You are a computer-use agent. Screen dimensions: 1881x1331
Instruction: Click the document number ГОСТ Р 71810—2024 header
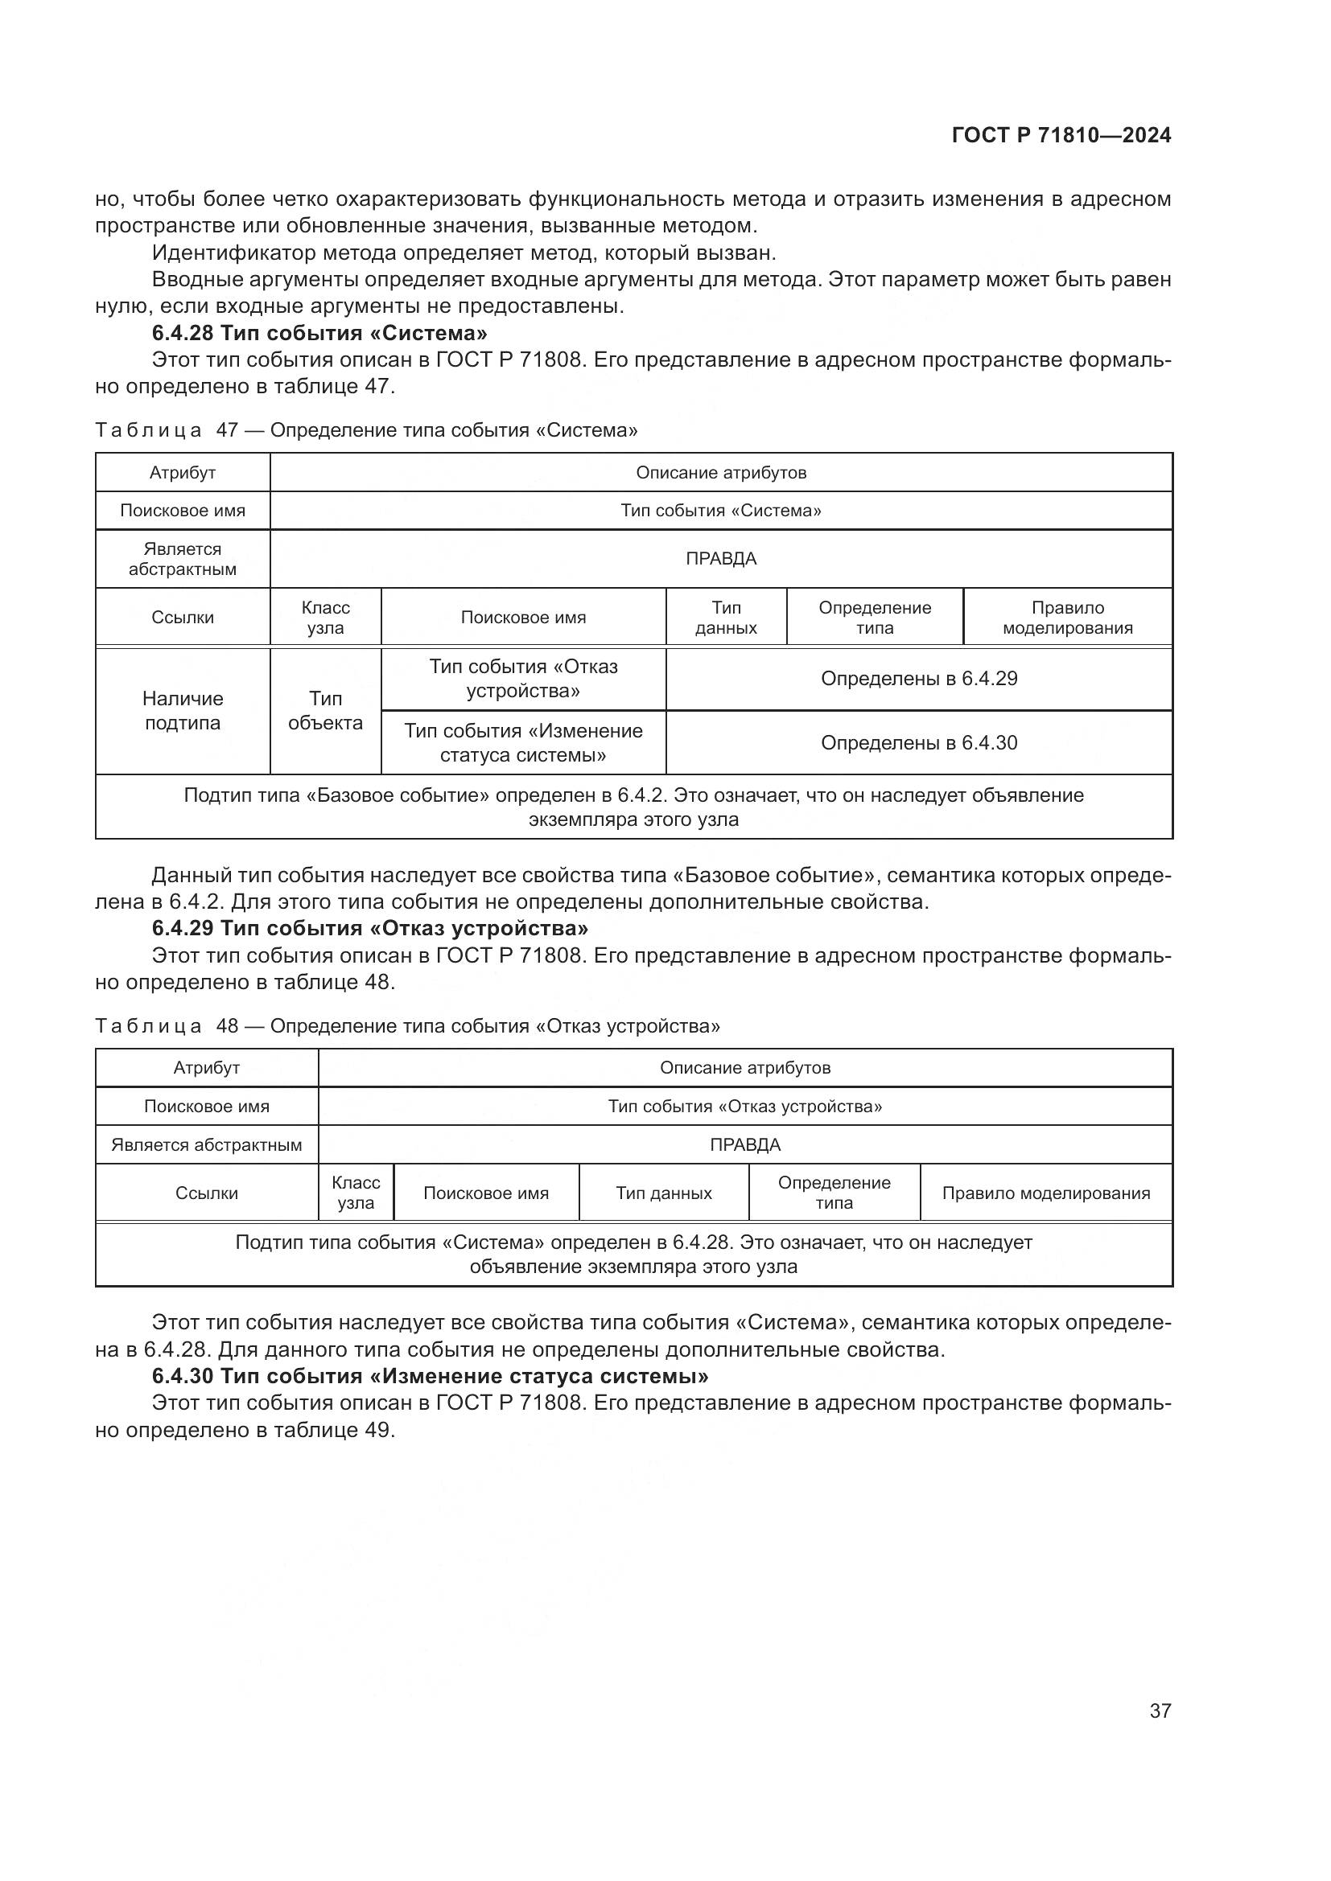(1061, 136)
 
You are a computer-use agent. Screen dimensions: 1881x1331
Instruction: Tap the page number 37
(1160, 1711)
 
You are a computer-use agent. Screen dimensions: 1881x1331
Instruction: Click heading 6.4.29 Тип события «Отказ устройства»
(369, 928)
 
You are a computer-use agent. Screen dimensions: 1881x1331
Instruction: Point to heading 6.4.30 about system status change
(430, 1375)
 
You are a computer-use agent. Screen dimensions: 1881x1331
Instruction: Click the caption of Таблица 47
(365, 430)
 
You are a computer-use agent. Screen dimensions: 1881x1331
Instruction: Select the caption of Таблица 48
(407, 1025)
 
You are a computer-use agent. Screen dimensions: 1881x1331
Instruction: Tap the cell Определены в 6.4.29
(919, 679)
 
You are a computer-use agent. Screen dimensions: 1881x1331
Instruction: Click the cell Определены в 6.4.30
(919, 743)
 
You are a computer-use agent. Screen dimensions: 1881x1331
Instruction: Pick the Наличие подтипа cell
(182, 710)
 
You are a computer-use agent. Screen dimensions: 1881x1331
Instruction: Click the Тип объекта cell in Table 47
(325, 710)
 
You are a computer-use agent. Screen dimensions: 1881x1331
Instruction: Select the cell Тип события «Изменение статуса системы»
(523, 743)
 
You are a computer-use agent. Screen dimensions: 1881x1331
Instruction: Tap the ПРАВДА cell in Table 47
(720, 559)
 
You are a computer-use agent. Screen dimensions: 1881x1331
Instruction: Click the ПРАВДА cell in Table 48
(744, 1144)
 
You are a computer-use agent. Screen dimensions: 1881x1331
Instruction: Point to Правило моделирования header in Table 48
(1045, 1193)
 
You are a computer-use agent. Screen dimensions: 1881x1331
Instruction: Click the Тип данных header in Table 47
(725, 618)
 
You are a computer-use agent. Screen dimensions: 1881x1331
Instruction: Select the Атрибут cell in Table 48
(207, 1067)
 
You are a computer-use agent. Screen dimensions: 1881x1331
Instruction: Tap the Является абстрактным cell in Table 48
(207, 1144)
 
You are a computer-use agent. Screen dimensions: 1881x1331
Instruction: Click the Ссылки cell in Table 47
(182, 618)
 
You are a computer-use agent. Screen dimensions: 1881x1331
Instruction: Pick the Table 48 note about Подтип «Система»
(633, 1255)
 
